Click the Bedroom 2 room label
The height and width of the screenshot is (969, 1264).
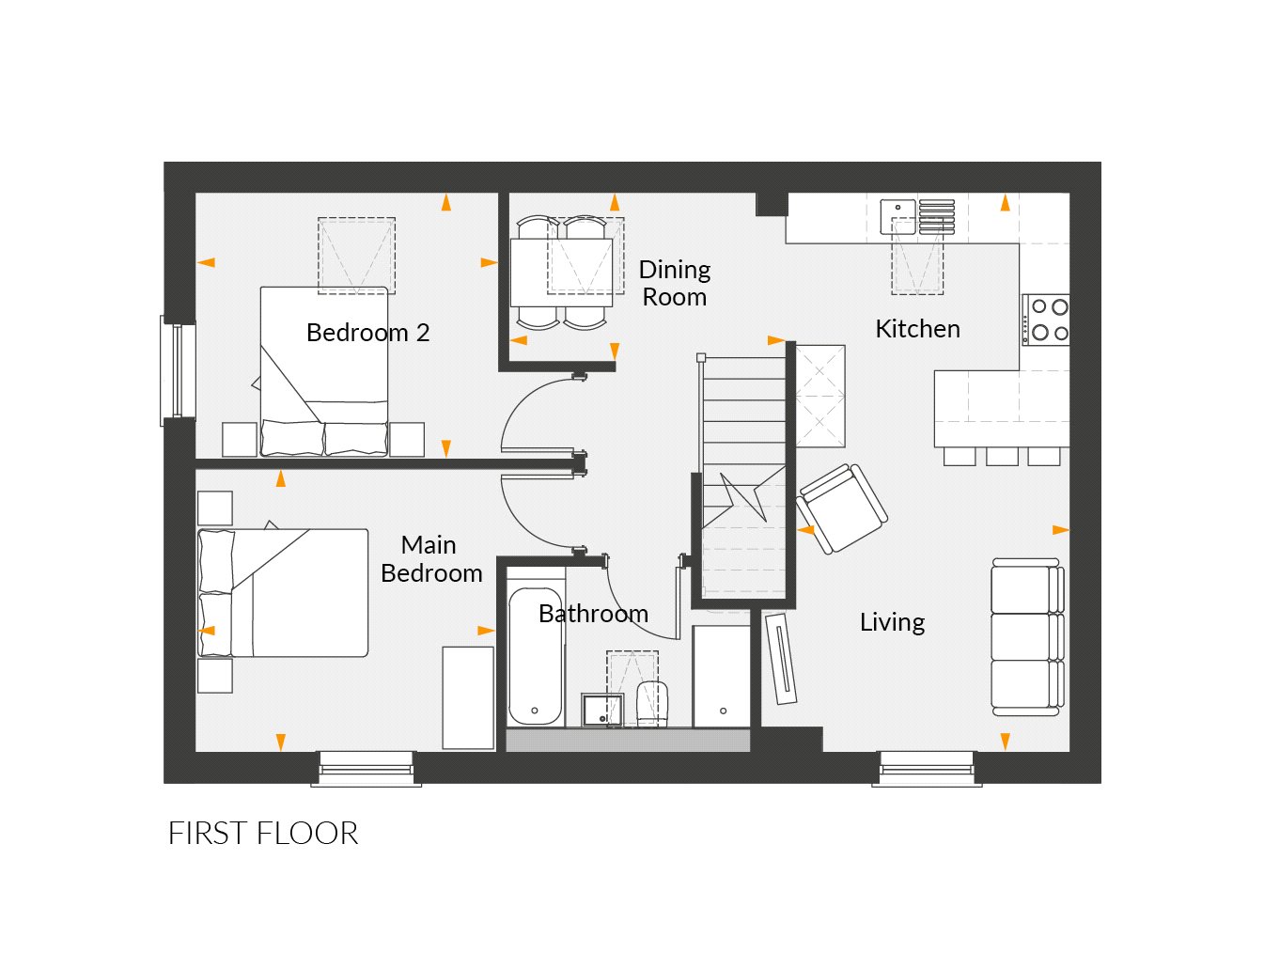click(367, 333)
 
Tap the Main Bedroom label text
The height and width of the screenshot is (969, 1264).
click(431, 559)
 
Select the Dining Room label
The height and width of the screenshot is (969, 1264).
click(674, 283)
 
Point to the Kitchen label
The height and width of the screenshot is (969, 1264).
click(917, 329)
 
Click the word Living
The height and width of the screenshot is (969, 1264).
click(892, 622)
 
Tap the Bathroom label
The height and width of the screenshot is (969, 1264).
click(593, 614)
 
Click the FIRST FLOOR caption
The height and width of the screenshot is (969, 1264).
click(263, 834)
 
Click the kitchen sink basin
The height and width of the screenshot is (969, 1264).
click(897, 216)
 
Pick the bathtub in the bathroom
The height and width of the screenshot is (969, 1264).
click(536, 658)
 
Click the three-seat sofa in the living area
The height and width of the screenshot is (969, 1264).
click(1026, 634)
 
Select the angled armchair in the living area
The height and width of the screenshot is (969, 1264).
click(842, 508)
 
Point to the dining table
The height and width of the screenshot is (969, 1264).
click(562, 272)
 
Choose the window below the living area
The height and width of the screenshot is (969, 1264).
click(927, 768)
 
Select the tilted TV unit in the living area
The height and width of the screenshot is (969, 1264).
click(781, 659)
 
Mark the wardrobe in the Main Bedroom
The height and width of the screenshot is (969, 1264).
click(468, 697)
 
